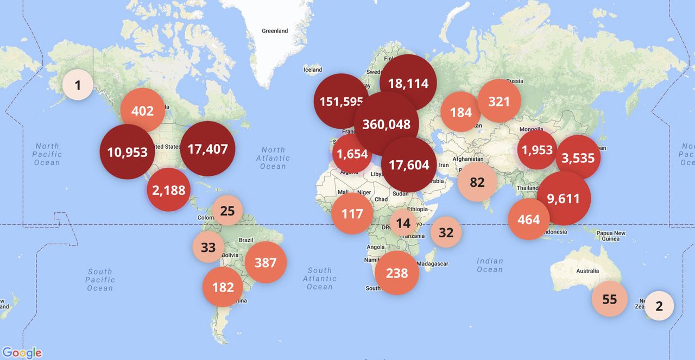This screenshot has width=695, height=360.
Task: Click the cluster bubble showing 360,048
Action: tap(386, 124)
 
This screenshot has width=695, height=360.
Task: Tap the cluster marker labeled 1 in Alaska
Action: tap(78, 85)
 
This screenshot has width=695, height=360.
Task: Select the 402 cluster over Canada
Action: tap(142, 111)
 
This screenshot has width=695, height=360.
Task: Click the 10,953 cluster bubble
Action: tap(127, 152)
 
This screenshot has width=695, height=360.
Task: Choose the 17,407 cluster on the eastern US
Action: tap(207, 148)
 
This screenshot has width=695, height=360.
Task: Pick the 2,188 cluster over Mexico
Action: tap(168, 190)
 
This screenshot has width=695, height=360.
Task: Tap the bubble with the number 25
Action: tap(228, 211)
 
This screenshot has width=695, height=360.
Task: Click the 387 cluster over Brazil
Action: tap(266, 263)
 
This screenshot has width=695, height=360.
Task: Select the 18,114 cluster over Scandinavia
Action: tap(408, 83)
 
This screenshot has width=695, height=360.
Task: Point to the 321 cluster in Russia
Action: tap(499, 101)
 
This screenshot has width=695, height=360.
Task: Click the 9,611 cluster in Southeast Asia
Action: tap(564, 199)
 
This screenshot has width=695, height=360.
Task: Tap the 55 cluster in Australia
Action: tap(609, 299)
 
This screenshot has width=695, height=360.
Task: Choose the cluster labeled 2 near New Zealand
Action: tap(659, 306)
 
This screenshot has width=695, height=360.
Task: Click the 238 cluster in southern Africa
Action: tap(397, 273)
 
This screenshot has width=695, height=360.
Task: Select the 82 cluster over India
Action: tap(477, 182)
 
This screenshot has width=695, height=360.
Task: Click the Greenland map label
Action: tap(275, 31)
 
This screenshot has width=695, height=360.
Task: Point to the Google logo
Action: tap(22, 352)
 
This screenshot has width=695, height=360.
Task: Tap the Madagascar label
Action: tap(432, 264)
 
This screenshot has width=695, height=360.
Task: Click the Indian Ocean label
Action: tap(490, 265)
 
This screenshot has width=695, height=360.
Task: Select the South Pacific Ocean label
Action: tap(100, 280)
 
